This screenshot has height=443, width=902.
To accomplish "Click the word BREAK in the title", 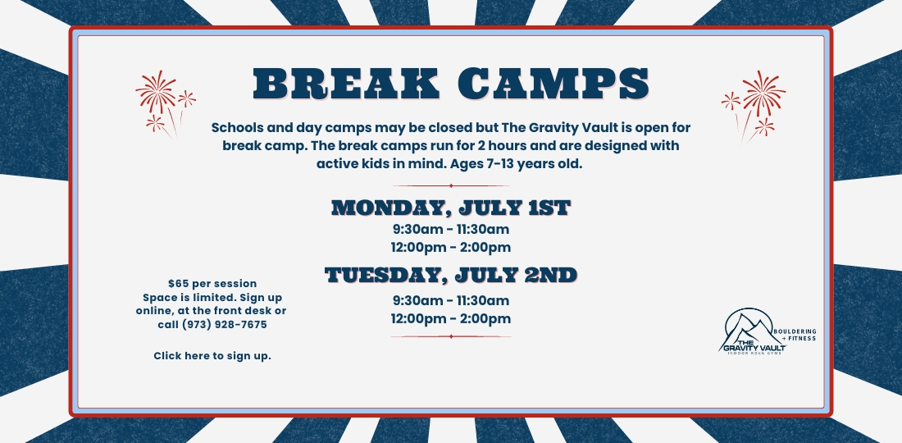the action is click(x=346, y=84).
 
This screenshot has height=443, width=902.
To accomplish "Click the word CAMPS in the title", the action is click(x=554, y=84).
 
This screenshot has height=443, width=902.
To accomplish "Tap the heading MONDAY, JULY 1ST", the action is click(x=451, y=208).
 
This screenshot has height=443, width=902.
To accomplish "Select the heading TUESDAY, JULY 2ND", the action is click(x=451, y=275).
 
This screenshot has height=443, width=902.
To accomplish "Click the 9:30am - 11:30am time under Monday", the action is click(x=451, y=230).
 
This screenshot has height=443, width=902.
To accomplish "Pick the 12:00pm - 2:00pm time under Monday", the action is click(x=451, y=248).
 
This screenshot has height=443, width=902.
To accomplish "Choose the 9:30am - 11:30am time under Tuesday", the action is click(x=451, y=300).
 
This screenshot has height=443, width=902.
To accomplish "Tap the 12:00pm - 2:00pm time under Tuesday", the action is click(x=451, y=319).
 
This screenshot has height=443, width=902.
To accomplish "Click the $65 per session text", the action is click(x=212, y=284).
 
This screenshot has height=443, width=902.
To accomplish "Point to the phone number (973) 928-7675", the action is click(x=225, y=325).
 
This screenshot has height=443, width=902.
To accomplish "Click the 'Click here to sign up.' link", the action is click(x=212, y=356).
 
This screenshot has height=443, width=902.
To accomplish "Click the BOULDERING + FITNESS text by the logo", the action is click(x=795, y=335).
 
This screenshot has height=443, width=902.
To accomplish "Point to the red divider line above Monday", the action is click(x=451, y=186).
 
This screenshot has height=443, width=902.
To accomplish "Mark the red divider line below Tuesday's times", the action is click(x=451, y=336).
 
